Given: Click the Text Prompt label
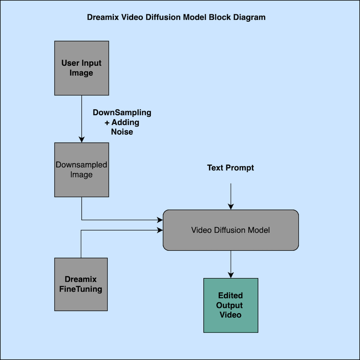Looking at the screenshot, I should [230, 168].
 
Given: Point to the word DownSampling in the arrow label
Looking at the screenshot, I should [122, 112].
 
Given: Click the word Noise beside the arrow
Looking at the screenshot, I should [122, 132].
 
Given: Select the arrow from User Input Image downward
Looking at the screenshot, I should [81, 119].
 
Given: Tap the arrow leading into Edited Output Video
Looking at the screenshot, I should [231, 264].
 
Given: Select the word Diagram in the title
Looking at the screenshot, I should [251, 18].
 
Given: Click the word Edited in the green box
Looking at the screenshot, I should [230, 296].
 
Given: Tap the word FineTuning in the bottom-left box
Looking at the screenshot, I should [81, 289].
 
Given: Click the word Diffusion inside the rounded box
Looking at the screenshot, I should [230, 230].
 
